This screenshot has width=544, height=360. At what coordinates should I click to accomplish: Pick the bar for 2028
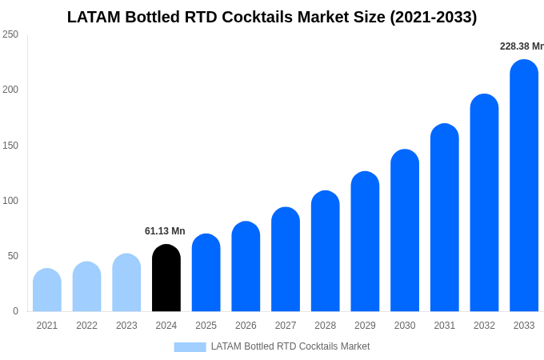(x=325, y=251)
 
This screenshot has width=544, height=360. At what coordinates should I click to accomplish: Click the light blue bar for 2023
(x=126, y=283)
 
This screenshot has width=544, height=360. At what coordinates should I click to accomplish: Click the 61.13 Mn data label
(x=165, y=231)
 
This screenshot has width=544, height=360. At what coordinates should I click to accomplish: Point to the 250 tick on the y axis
(x=10, y=34)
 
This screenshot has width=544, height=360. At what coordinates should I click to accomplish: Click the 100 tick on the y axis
(x=10, y=201)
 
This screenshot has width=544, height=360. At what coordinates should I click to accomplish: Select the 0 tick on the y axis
(x=15, y=311)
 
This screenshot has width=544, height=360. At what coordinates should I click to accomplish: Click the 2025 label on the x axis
(x=206, y=326)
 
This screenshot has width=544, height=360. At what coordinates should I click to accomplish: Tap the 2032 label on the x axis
(x=484, y=326)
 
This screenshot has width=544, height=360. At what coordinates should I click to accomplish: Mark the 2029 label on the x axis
(x=365, y=326)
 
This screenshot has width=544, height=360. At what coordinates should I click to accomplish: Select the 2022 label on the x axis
(x=86, y=326)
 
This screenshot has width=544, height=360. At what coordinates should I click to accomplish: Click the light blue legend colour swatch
(x=190, y=346)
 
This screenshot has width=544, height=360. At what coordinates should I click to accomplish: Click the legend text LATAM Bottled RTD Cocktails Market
(x=290, y=346)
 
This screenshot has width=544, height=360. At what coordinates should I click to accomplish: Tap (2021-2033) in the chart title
(x=433, y=17)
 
